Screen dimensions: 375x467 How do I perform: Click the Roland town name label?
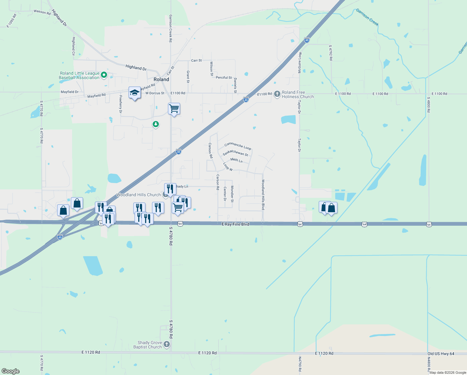coord(161,79)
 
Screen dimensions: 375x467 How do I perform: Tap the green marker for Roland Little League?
coord(104,75)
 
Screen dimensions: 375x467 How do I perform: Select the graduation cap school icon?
coord(135,93)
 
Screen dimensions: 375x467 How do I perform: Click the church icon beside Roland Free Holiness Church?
coord(277,94)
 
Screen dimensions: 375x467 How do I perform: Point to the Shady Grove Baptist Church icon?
coord(167,344)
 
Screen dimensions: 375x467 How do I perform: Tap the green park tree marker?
coord(155,124)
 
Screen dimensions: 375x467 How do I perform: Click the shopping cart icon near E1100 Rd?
coord(174,109)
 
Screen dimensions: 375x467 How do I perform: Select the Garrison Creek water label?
coord(367,17)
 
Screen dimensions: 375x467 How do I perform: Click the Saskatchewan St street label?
coord(235,153)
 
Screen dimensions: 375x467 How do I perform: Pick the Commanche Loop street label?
coord(238,146)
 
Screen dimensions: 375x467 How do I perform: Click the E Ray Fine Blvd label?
coord(235,224)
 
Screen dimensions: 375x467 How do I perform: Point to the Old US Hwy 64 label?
coord(441,353)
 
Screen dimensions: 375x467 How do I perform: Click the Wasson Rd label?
coord(42,12)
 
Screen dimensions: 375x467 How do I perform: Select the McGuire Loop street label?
coord(300,62)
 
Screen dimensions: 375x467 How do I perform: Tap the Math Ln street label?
coord(236,160)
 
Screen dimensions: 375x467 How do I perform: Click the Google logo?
coord(10,371)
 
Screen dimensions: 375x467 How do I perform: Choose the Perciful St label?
coord(224,77)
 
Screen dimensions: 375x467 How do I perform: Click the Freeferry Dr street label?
coord(120,104)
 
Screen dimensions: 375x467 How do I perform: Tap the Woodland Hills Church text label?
coord(138,195)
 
